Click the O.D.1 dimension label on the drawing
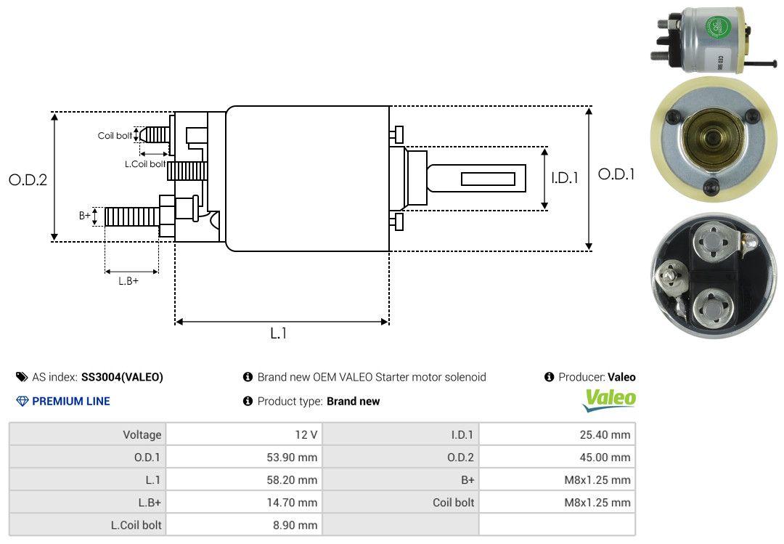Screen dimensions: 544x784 click(616, 174)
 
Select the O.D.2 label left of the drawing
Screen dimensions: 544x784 click(28, 180)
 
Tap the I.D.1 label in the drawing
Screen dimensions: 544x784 click(564, 177)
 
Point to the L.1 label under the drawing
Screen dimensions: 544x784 click(279, 333)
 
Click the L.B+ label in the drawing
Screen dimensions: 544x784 click(128, 281)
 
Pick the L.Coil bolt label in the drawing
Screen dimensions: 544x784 click(145, 164)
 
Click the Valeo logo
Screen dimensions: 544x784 click(610, 399)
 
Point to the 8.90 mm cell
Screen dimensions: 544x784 click(295, 524)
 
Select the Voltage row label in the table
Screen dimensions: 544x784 click(142, 435)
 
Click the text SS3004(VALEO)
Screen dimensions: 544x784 click(122, 377)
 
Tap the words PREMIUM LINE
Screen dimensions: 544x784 click(71, 401)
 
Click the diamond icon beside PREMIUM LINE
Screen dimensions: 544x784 click(22, 401)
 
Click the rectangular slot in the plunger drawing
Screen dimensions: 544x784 click(488, 179)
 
